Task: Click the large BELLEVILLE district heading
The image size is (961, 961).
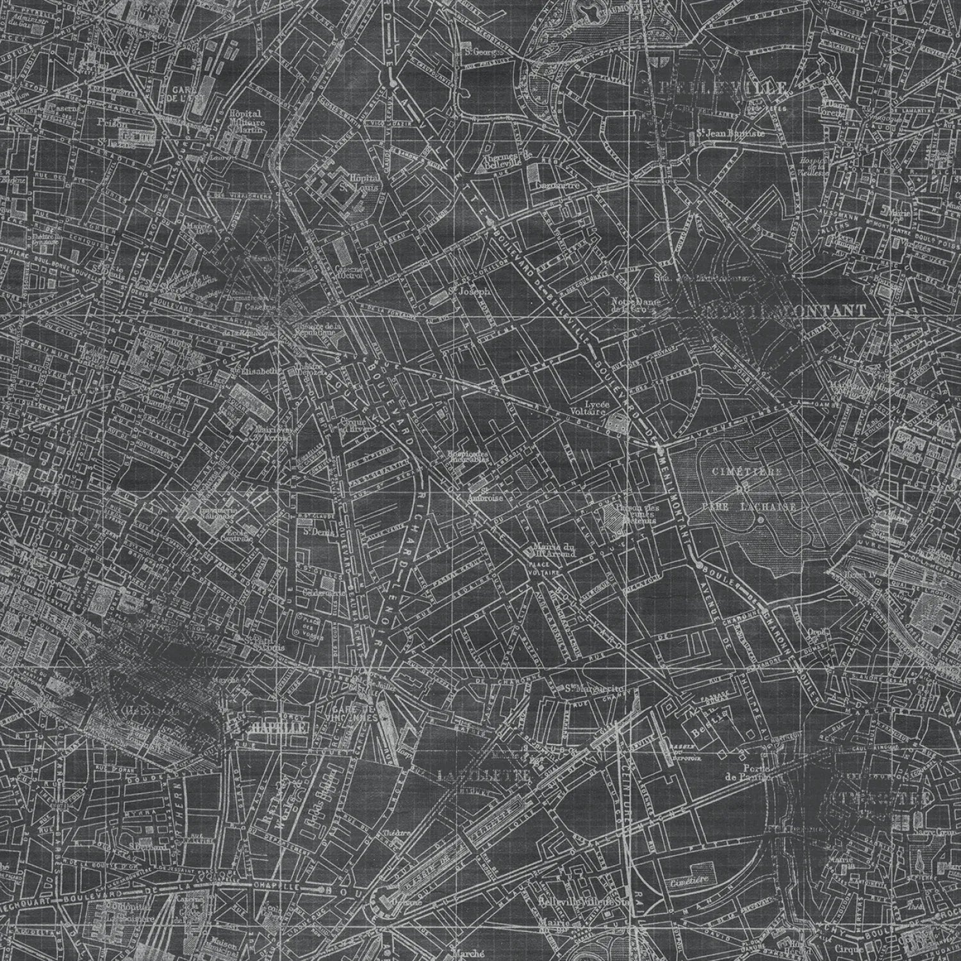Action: [724, 88]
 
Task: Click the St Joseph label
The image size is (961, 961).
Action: [470, 291]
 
